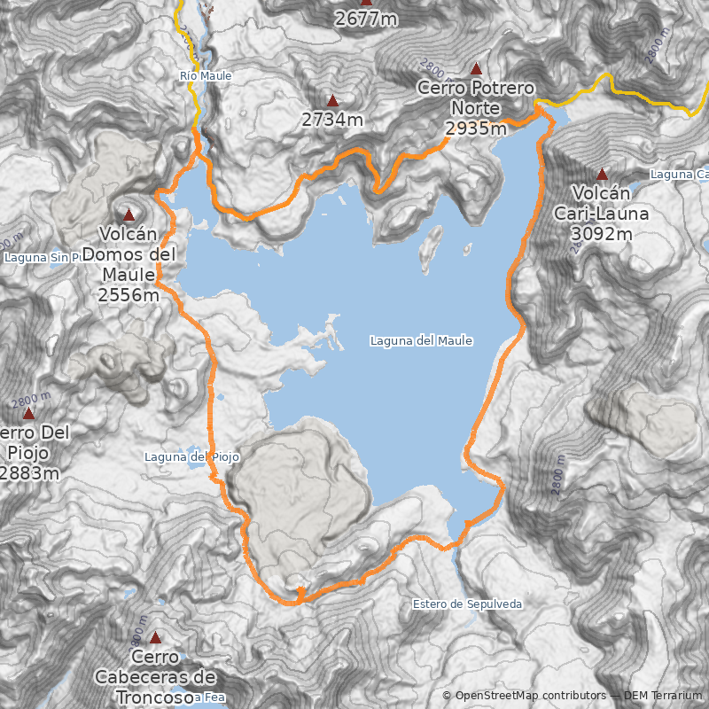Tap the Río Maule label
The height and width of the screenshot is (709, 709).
coord(205,76)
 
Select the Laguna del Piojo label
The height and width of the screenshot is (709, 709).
coord(191,457)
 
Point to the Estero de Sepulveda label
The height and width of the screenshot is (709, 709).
coord(467,604)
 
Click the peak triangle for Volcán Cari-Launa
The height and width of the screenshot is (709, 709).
coord(603,175)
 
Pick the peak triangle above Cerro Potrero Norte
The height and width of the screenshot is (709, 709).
coord(476,68)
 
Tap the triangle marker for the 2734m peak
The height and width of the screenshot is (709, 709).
coord(332,101)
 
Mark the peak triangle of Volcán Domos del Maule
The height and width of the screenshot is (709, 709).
coord(129,214)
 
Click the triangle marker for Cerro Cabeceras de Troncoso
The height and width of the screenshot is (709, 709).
coord(155,637)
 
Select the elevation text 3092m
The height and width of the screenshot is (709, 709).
coord(602,234)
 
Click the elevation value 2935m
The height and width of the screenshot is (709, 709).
coord(476,129)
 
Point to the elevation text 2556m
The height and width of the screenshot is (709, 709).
coord(129,295)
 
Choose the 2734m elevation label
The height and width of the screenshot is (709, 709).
coord(332,120)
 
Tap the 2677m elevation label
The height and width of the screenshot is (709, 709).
coord(366,18)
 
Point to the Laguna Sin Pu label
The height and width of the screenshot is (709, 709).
coord(43,258)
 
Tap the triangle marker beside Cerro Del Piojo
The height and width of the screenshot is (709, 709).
coord(28,414)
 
